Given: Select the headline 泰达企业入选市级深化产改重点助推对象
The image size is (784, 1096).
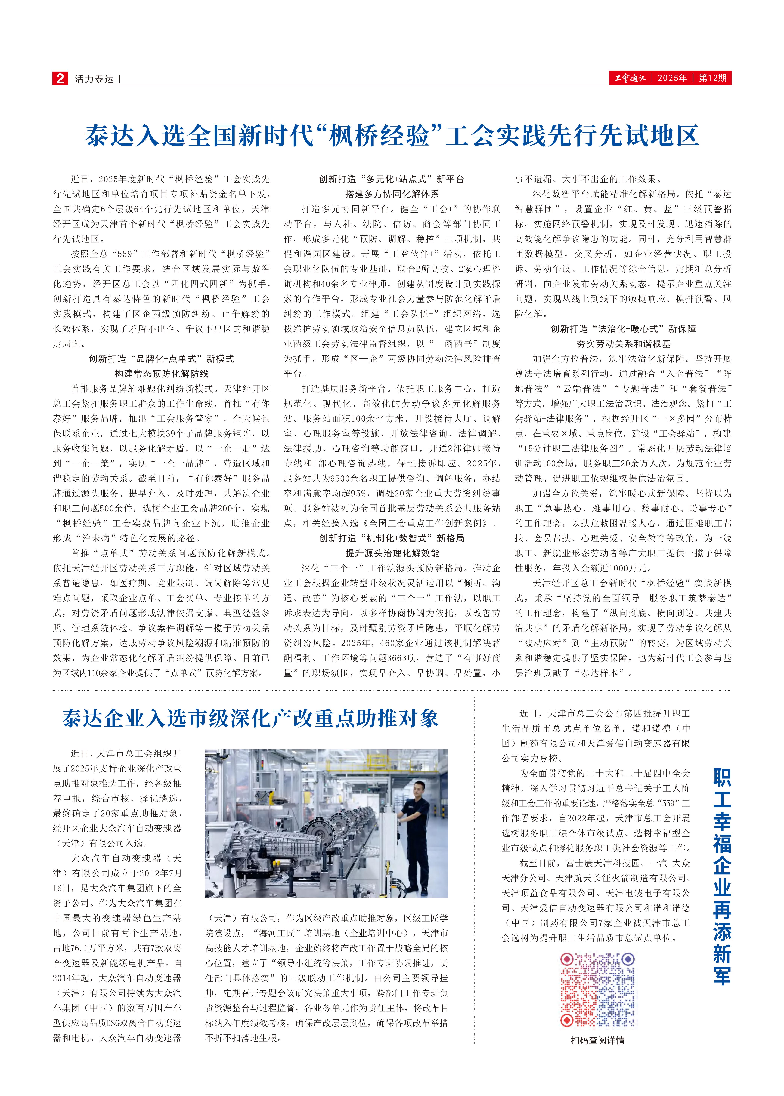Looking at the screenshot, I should pos(250,719).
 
